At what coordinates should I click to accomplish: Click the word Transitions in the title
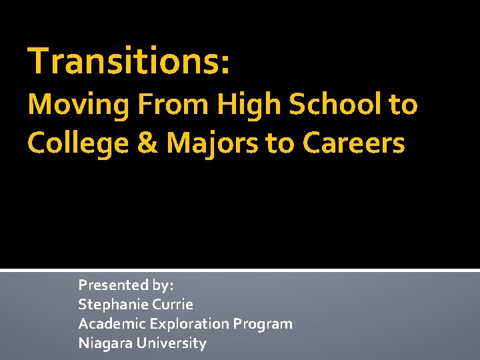pos(123,61)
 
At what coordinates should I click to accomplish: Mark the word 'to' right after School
pos(402,105)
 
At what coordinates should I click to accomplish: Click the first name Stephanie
pos(111,305)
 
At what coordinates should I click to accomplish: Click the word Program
pos(263,324)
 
